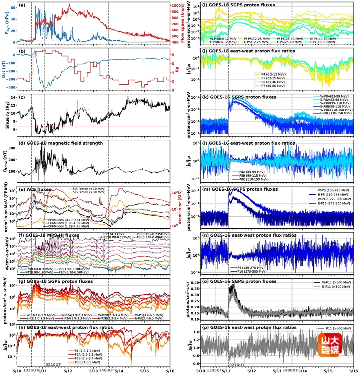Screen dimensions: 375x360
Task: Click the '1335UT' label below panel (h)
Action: (x=31, y=371)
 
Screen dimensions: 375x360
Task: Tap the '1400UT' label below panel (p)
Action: (x=292, y=371)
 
